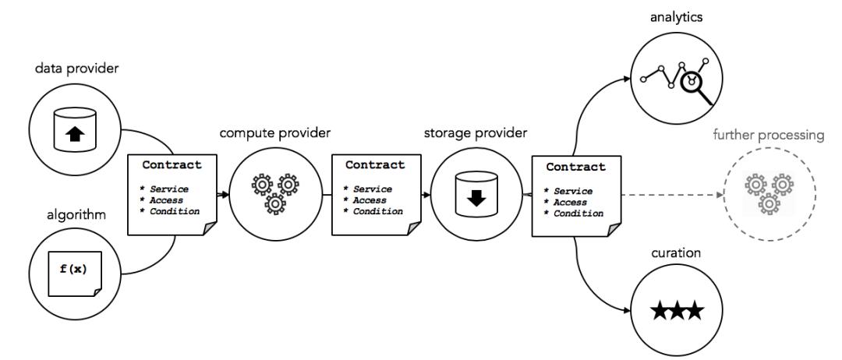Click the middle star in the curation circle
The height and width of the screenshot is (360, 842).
coord(676,313)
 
